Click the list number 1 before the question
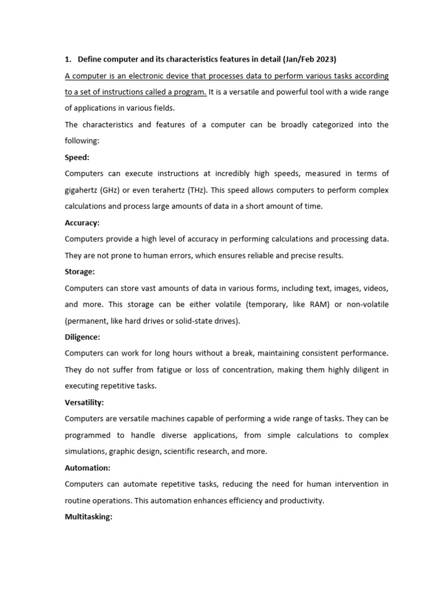coord(67,59)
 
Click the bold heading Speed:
coord(77,157)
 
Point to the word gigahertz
coord(83,190)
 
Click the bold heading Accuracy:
coord(82,223)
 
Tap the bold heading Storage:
coord(80,271)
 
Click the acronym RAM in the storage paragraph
coord(314,304)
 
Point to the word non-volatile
coord(366,304)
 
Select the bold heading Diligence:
coord(82,337)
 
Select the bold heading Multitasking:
coord(88,517)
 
